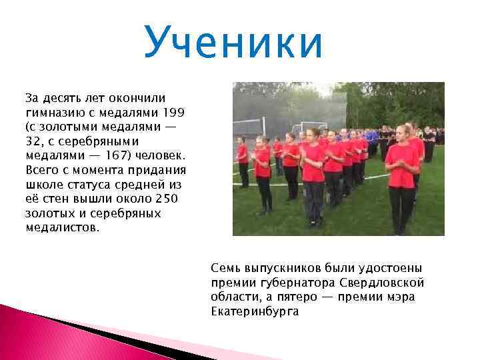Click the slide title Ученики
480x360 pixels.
(233, 41)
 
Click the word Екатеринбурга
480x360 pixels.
(255, 311)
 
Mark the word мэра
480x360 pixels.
(401, 297)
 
